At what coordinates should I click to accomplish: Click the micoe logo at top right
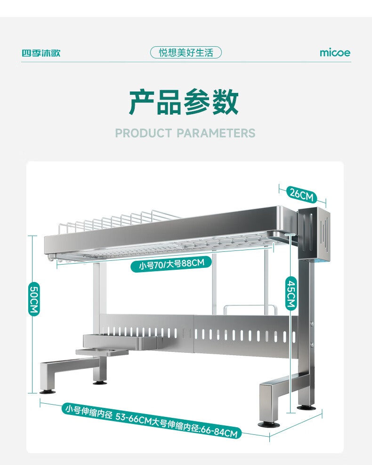pos(335,53)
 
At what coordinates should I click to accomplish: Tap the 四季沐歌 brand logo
pos(41,53)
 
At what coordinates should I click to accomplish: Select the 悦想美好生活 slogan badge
pos(186,52)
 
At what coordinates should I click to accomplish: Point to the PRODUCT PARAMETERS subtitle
pos(185,133)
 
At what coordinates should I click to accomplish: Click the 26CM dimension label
pos(302,194)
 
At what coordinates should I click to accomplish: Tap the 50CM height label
pos(34,299)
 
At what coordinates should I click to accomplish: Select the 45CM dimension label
pos(291,293)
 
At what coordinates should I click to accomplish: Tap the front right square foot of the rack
pos(269,403)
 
